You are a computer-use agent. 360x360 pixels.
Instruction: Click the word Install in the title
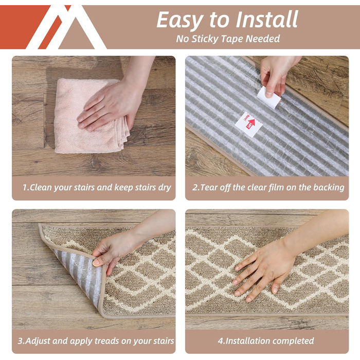pos(267,20)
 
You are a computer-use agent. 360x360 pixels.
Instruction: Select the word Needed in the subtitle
pos(263,39)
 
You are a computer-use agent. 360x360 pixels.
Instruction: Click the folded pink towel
pos(89,116)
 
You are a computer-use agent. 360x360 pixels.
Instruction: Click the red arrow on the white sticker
pos(250,123)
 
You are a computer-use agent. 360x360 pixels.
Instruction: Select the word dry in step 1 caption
pos(165,188)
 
